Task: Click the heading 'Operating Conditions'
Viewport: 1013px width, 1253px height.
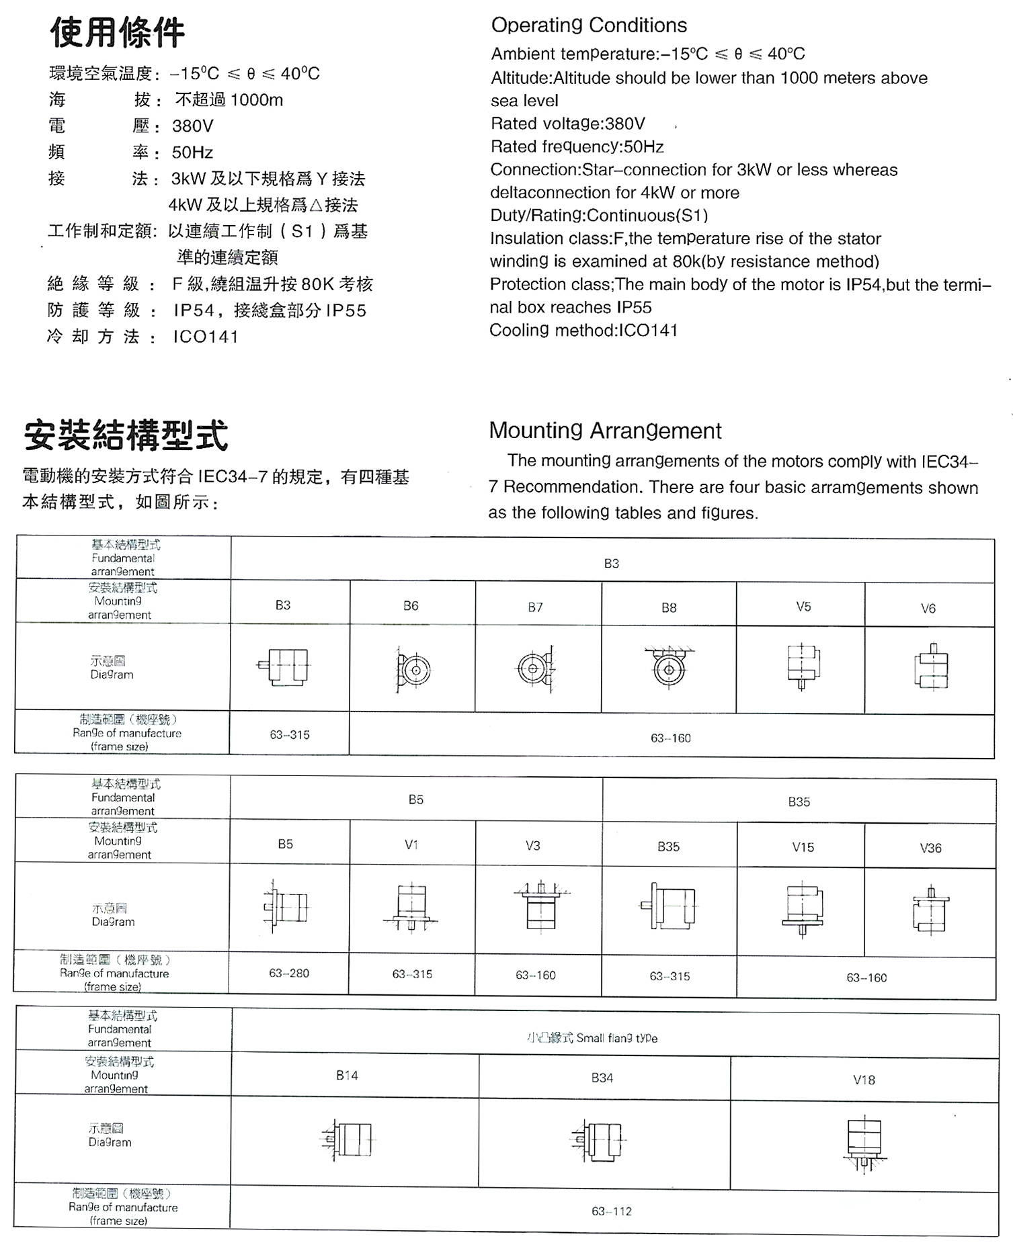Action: (589, 26)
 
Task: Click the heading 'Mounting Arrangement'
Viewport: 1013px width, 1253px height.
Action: (605, 431)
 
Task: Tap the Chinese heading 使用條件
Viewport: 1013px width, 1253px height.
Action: (118, 33)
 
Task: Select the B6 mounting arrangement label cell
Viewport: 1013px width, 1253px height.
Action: (411, 606)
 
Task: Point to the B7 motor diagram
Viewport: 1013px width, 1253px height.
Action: (535, 668)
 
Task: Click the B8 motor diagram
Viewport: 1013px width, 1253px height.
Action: (669, 668)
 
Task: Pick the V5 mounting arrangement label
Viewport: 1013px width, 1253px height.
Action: (803, 607)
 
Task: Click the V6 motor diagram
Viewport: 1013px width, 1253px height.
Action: (931, 668)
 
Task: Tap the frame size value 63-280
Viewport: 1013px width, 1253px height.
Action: (289, 973)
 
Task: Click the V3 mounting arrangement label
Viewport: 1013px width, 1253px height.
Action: (533, 845)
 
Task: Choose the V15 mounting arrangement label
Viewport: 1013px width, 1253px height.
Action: (803, 847)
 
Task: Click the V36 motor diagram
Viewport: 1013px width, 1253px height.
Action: (930, 910)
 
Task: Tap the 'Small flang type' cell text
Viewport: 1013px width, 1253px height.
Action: (592, 1038)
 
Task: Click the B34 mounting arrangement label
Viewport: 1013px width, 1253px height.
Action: (602, 1078)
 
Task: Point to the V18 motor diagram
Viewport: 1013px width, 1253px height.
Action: (864, 1145)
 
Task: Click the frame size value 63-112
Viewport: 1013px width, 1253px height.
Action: (612, 1211)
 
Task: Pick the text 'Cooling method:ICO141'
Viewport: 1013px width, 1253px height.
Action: (583, 331)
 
